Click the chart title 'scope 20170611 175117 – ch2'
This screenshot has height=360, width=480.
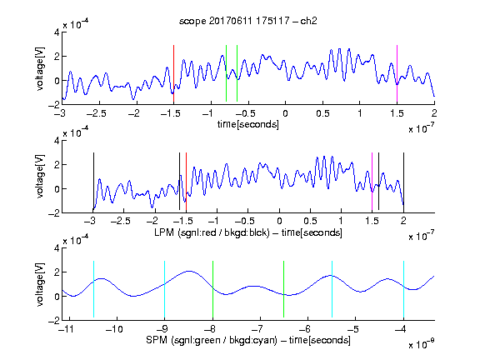tap(248, 21)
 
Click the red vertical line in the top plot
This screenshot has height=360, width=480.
tap(173, 73)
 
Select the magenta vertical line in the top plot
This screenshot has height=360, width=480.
tap(397, 73)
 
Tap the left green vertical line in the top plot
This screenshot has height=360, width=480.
tap(226, 73)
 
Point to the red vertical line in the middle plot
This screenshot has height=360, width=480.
tap(186, 182)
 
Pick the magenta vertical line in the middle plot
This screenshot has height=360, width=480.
tap(372, 182)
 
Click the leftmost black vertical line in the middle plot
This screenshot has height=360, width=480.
tap(93, 182)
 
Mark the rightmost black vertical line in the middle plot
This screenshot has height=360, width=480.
tap(403, 182)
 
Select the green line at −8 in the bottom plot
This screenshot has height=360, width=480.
tap(212, 289)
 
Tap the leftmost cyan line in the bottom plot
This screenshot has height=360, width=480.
tap(93, 289)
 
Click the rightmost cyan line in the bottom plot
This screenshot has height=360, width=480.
tap(403, 289)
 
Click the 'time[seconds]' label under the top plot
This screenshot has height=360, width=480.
tap(248, 124)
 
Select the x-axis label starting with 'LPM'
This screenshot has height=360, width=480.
tap(248, 232)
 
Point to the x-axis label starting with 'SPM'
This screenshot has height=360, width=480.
tap(248, 340)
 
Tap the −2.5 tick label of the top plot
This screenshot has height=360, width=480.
tap(97, 113)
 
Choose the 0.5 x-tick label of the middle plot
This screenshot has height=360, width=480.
tap(310, 222)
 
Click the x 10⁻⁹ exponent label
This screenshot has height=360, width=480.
tap(422, 344)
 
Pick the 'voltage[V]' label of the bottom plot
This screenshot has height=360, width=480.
tap(40, 284)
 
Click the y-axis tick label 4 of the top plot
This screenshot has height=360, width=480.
tap(57, 32)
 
